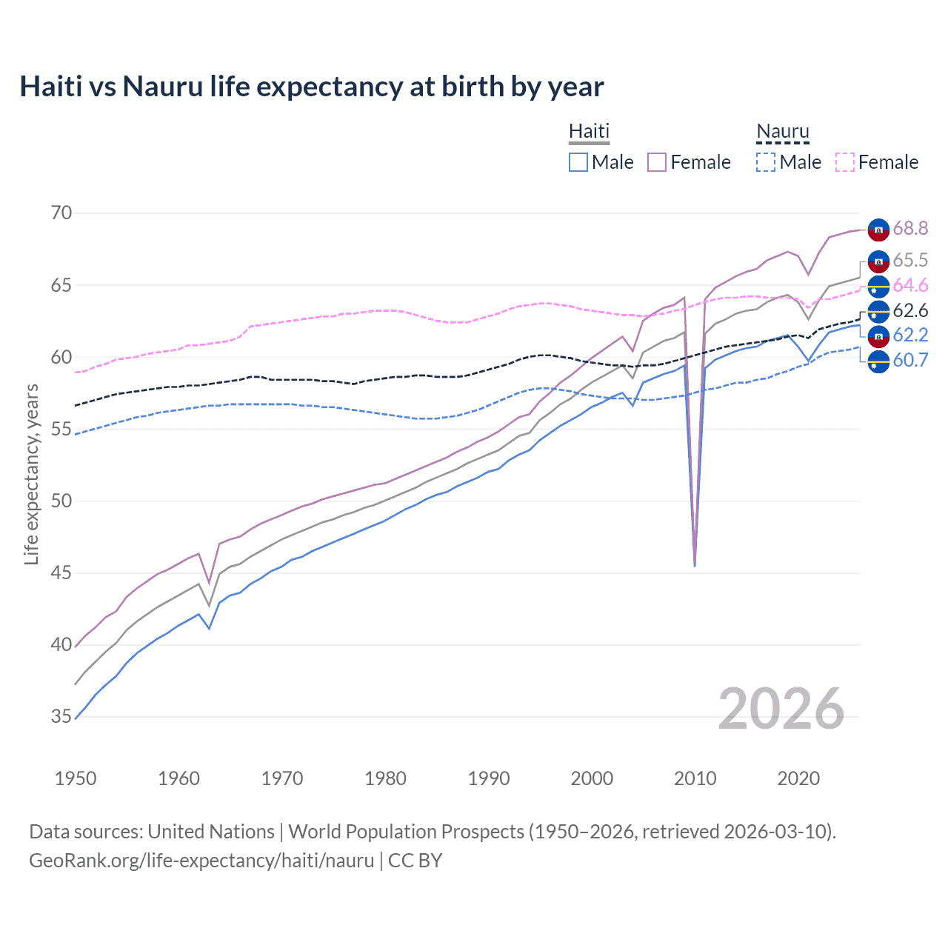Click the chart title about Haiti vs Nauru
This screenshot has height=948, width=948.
coord(312,87)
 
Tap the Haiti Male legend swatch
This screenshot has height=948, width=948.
coord(578,162)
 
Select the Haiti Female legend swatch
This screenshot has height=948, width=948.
coord(657,162)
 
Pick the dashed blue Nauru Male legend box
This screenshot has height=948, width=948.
coord(766,162)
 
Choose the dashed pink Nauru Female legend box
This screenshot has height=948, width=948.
coord(845,162)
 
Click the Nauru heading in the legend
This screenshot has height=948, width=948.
coord(783,132)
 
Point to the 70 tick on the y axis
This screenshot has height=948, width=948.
coord(61,213)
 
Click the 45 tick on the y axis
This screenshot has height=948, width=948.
coord(61,573)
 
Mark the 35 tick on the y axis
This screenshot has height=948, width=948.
coord(61,716)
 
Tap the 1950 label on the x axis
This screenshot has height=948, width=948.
coord(76,778)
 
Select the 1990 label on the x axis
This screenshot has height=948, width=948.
coord(489,778)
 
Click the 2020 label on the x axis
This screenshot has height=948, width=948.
coord(798,778)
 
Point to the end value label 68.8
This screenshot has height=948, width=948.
coord(910,229)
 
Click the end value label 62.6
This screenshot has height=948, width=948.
coord(910,311)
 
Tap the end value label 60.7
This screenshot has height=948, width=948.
coord(910,361)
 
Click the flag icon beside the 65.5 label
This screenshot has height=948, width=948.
coord(878,261)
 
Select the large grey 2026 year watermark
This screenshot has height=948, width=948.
coord(781,709)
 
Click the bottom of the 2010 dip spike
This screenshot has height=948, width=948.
coord(695,565)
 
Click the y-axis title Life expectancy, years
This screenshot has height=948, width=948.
coord(31,474)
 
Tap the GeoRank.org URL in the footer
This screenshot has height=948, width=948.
coord(201,861)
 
